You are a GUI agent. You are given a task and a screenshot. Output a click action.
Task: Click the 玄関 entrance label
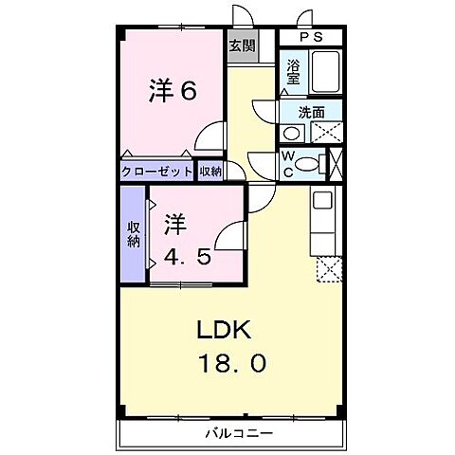(x=241, y=45)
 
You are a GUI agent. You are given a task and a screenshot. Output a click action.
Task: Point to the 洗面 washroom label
(x=311, y=112)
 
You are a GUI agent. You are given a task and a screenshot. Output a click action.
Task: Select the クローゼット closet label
(x=156, y=172)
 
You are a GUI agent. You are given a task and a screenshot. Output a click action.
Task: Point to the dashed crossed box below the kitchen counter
(x=326, y=269)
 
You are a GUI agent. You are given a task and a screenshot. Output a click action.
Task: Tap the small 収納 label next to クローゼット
(x=209, y=172)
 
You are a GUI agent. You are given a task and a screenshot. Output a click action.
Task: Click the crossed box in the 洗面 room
(x=324, y=132)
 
